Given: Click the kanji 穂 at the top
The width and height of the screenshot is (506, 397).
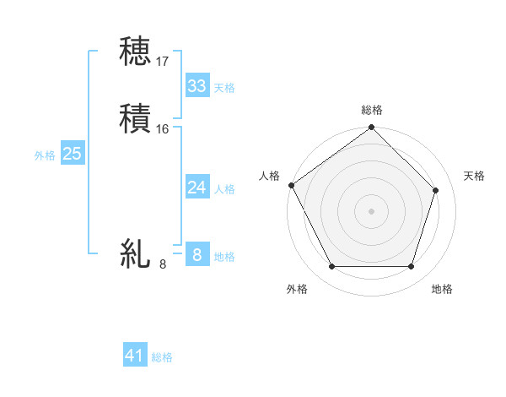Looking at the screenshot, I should [x=135, y=52].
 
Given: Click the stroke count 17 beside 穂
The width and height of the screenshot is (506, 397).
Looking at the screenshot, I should [x=163, y=62].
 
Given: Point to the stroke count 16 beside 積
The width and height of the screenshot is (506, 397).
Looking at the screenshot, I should [x=163, y=129].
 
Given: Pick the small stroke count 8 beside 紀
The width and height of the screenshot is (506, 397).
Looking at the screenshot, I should [x=163, y=264].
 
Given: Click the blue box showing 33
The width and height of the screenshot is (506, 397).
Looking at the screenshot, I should [x=196, y=86].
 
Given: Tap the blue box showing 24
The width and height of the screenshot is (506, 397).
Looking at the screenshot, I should [x=196, y=188].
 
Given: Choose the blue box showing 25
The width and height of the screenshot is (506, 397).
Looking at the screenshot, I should [x=72, y=154].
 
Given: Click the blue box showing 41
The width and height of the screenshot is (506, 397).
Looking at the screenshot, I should [x=135, y=356].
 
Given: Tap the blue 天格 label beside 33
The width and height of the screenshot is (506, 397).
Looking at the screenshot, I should [x=224, y=88].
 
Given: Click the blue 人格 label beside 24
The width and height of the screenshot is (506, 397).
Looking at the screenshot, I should [x=224, y=189].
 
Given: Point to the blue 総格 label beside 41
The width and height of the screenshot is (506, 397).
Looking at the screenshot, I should [x=162, y=358].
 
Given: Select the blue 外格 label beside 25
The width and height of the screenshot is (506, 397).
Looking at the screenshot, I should [x=45, y=155].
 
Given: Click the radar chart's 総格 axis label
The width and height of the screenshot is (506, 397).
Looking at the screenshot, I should [x=371, y=110].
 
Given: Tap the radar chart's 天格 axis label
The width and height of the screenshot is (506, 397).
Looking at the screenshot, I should [x=475, y=176].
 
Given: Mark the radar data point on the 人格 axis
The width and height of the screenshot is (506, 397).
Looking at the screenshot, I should [x=291, y=185].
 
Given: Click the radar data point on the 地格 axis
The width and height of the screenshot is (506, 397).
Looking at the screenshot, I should [x=412, y=267].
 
